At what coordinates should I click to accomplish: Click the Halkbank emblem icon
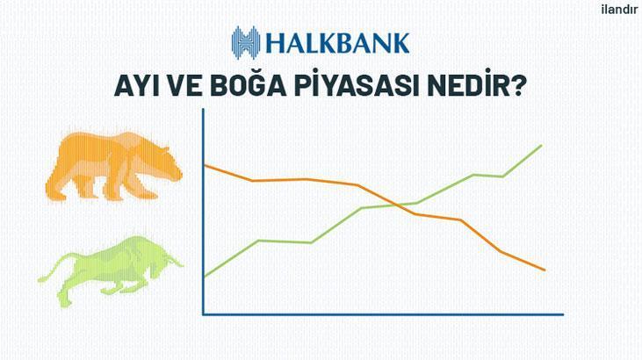(246, 43)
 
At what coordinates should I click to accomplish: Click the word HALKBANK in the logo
(338, 43)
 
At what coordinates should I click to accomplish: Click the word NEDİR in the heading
(468, 84)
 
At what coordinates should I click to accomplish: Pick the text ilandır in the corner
(619, 10)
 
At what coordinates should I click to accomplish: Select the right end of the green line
(542, 146)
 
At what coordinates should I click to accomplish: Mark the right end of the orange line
(545, 270)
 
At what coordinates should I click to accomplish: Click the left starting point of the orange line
(205, 165)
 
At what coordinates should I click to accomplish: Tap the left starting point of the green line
(205, 277)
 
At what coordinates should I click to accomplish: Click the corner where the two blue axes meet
(203, 314)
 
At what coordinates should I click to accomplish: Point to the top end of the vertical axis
(203, 109)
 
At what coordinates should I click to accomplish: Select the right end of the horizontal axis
(563, 314)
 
